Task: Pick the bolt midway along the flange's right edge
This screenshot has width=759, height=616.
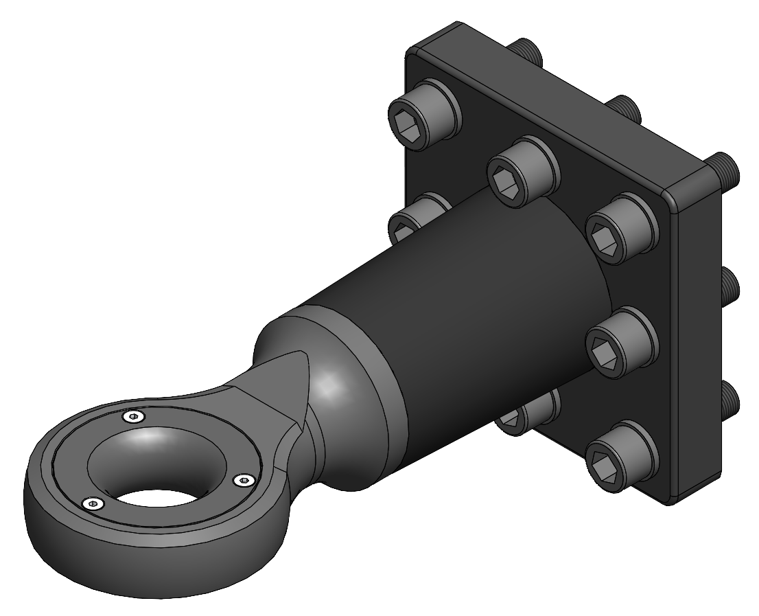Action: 620,341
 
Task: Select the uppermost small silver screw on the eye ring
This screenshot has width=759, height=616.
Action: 133,416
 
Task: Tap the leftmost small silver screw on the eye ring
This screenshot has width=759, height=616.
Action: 93,505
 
